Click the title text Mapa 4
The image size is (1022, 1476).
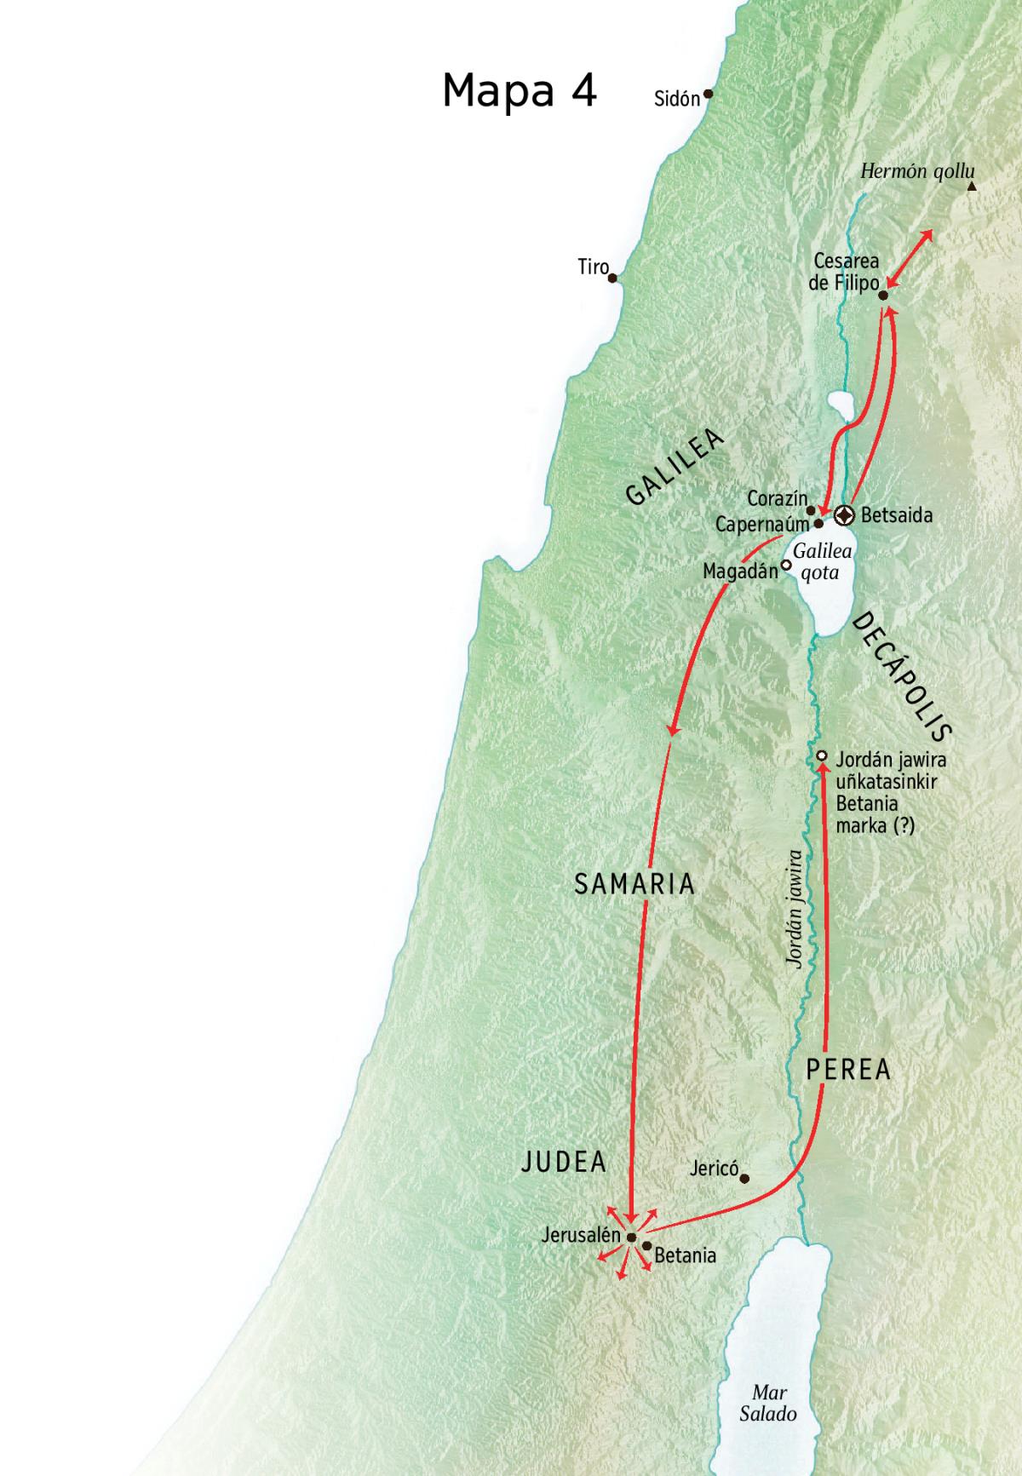[520, 90]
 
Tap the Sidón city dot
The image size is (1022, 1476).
[707, 95]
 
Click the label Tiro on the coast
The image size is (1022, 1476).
[593, 267]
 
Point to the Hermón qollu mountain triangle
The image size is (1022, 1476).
[971, 186]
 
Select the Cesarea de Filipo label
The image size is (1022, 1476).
[845, 273]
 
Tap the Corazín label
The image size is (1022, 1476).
[776, 498]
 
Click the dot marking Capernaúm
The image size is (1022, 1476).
[818, 524]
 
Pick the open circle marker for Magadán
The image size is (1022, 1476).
[786, 564]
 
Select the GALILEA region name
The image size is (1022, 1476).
[675, 467]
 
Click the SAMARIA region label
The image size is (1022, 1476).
[634, 884]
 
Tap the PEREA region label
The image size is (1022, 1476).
[848, 1069]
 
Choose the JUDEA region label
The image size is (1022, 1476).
[564, 1162]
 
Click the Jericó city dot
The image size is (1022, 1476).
[744, 1179]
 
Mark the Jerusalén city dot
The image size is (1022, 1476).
[631, 1238]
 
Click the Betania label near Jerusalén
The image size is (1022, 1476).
[685, 1255]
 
